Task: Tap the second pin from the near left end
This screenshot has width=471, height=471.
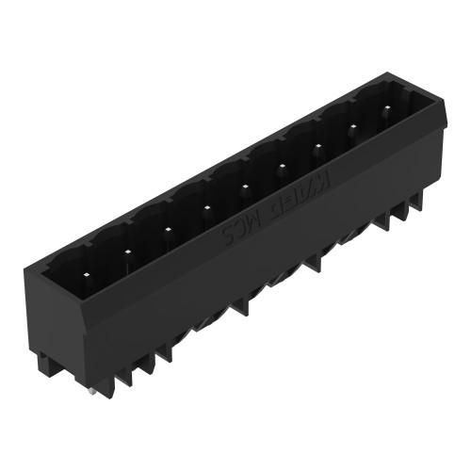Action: pyautogui.click(x=126, y=251)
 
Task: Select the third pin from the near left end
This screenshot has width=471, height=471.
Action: pyautogui.click(x=167, y=229)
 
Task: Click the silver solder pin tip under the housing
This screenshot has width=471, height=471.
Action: pyautogui.click(x=89, y=391)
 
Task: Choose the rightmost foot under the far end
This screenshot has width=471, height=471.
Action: pyautogui.click(x=414, y=202)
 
